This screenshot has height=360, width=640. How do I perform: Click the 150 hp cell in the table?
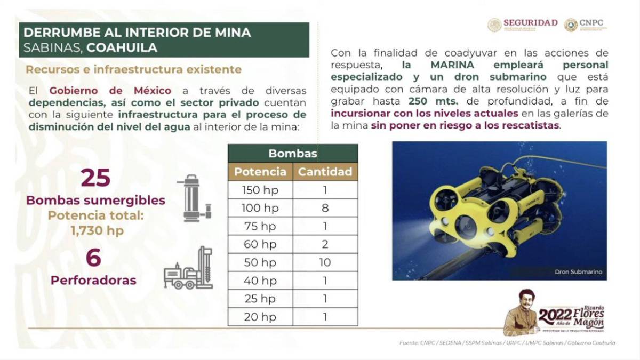(x=260, y=190)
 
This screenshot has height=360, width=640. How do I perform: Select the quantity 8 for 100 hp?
(x=325, y=208)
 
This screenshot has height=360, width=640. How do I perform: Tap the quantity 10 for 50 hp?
(x=325, y=262)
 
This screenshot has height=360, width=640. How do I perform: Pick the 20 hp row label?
(x=260, y=317)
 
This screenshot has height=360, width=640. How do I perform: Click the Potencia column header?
(x=260, y=172)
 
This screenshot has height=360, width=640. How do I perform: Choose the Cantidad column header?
(x=325, y=172)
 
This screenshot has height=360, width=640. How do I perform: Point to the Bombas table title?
(x=293, y=154)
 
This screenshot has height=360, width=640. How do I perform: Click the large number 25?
(x=95, y=178)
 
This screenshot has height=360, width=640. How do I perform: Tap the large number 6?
(x=93, y=258)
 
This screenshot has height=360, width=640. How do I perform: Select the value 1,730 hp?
(x=95, y=231)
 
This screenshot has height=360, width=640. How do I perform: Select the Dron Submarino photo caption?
(x=578, y=272)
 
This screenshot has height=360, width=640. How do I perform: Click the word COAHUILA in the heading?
(x=122, y=47)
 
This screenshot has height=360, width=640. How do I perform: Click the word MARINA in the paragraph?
(x=438, y=65)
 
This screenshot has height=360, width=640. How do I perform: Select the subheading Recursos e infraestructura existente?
(x=133, y=69)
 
